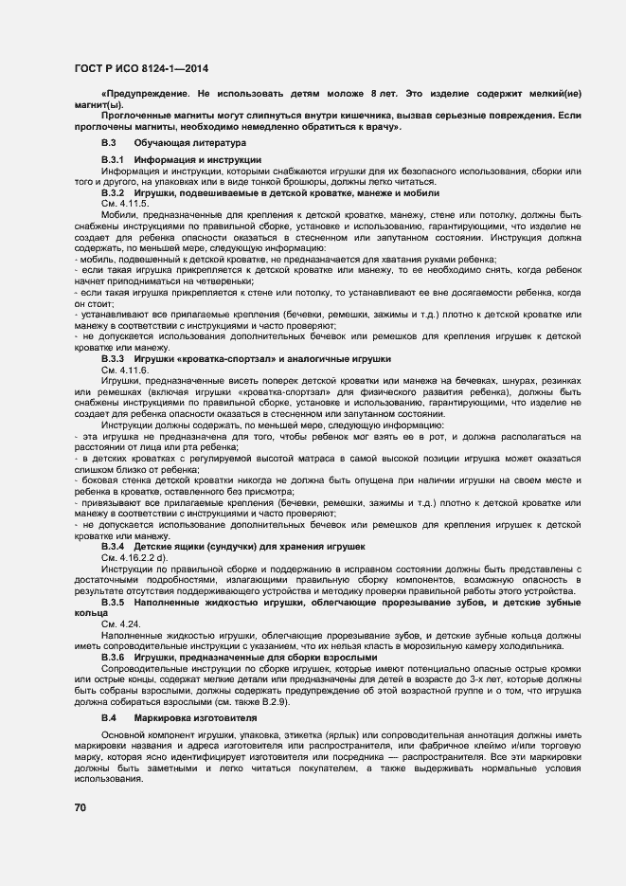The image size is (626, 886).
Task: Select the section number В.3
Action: (109, 142)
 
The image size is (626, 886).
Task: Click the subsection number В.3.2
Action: (114, 192)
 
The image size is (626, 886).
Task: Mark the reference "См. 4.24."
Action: (120, 624)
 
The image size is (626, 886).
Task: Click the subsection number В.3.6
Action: (114, 657)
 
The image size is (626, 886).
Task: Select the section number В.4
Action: (109, 718)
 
